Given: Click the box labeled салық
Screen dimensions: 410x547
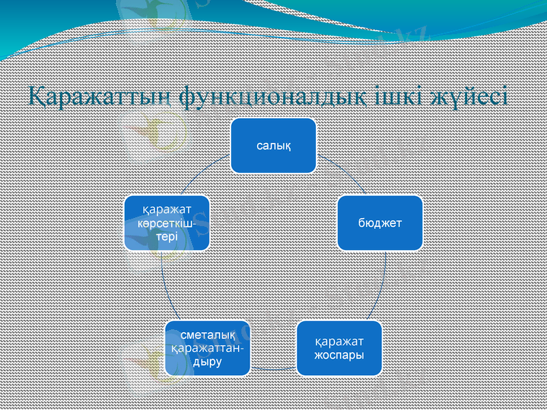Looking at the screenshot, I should (x=273, y=146).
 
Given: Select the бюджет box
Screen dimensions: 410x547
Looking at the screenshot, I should (x=379, y=223).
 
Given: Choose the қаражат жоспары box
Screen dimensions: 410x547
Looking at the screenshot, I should (x=338, y=348).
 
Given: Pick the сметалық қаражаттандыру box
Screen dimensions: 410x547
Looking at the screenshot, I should (x=207, y=348).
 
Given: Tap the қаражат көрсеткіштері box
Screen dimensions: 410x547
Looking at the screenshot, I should (x=166, y=223).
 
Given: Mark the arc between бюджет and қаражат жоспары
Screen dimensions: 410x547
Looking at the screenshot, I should (x=384, y=287).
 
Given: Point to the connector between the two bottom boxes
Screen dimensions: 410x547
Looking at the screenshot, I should (x=273, y=369).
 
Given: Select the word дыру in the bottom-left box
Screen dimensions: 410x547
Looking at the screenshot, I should (x=207, y=361).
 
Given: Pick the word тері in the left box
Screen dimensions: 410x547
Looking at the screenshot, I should (x=166, y=236).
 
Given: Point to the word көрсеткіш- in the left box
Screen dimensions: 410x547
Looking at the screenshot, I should (x=166, y=223).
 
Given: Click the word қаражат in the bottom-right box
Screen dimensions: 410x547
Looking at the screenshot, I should (x=338, y=341).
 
